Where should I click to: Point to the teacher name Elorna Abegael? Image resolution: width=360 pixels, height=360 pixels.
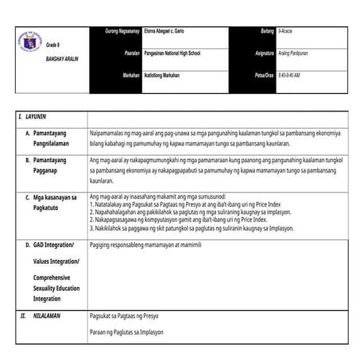coord(168,30)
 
